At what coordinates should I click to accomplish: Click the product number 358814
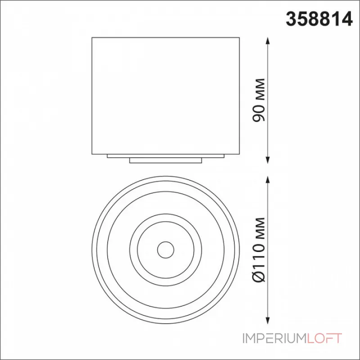[319, 19]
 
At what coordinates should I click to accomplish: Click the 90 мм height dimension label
[259, 100]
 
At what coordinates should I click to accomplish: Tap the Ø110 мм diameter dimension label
[259, 249]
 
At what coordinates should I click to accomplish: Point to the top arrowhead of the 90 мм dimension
[267, 40]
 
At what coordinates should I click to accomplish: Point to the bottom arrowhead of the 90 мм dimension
[267, 160]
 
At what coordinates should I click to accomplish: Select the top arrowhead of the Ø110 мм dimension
[267, 180]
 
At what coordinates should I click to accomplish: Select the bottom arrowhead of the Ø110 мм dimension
[267, 320]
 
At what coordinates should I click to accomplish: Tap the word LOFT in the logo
[324, 338]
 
